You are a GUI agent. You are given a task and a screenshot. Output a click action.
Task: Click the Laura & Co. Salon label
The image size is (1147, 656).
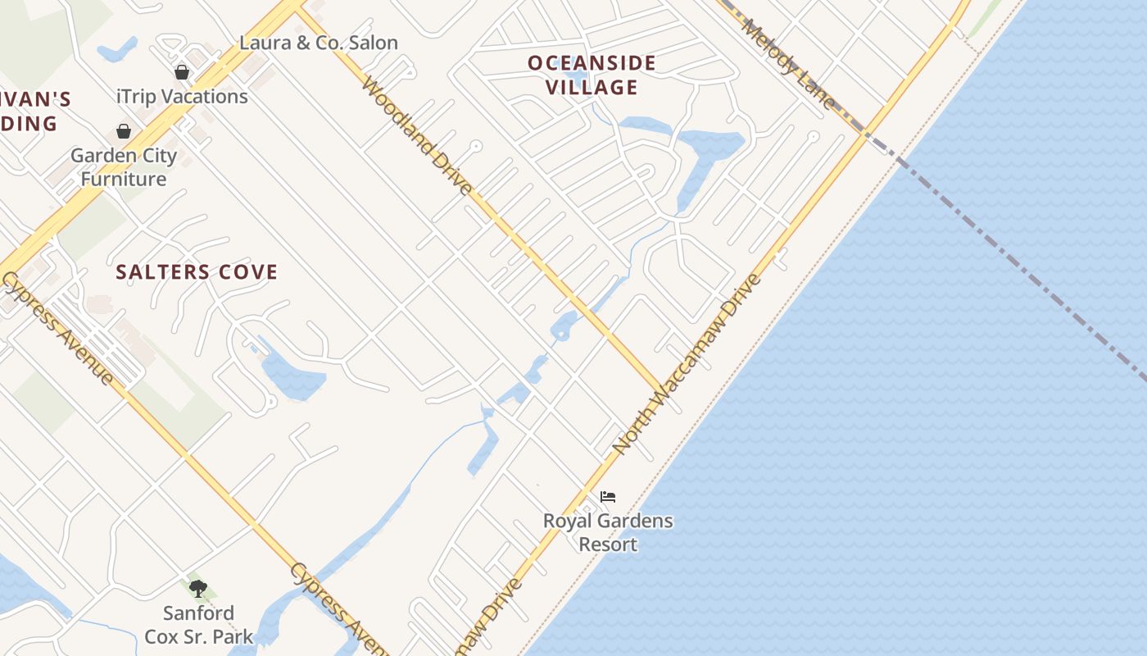pyautogui.click(x=318, y=43)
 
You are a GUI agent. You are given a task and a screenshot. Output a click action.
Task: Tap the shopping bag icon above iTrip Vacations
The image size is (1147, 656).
pyautogui.click(x=182, y=72)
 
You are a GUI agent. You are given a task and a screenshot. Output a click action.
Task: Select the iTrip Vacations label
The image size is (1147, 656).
pyautogui.click(x=182, y=96)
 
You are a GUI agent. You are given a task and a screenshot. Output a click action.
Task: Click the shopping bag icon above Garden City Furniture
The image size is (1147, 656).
pyautogui.click(x=124, y=131)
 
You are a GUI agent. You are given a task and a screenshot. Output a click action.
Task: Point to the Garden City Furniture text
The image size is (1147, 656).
pyautogui.click(x=123, y=166)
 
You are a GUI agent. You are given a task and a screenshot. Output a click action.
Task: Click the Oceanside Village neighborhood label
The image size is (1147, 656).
pyautogui.click(x=592, y=75)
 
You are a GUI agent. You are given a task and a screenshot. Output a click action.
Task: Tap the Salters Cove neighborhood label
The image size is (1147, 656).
pyautogui.click(x=197, y=272)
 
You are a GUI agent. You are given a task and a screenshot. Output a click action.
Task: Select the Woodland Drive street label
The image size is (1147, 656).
pyautogui.click(x=416, y=136)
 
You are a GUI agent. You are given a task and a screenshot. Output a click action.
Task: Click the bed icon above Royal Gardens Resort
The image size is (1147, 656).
pyautogui.click(x=607, y=497)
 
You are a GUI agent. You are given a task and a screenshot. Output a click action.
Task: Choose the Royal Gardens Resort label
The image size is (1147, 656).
pyautogui.click(x=608, y=532)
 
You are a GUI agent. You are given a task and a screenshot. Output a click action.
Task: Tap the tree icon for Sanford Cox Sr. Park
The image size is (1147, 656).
pyautogui.click(x=198, y=588)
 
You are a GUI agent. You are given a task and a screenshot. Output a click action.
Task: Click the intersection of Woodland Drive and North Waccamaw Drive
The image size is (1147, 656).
pyautogui.click(x=660, y=391)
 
